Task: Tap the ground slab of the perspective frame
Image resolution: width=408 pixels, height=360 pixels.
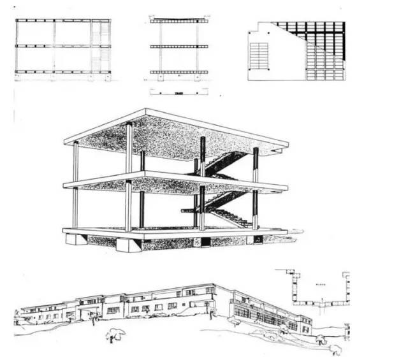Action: (x=172, y=233)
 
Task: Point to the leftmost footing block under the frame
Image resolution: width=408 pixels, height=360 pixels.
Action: (x=76, y=240)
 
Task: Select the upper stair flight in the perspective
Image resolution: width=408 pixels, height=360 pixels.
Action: (x=223, y=162)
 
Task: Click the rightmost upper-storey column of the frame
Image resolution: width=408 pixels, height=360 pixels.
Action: (x=256, y=166)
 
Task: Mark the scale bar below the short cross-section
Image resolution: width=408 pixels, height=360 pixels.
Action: (x=179, y=92)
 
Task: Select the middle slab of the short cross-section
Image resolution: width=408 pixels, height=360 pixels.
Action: (x=179, y=47)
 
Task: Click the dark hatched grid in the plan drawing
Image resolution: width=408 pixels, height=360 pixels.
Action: (x=319, y=45)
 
